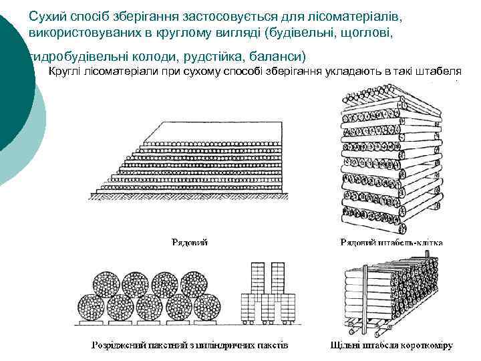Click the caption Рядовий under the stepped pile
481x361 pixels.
189,242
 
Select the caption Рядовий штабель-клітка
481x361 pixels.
391,242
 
